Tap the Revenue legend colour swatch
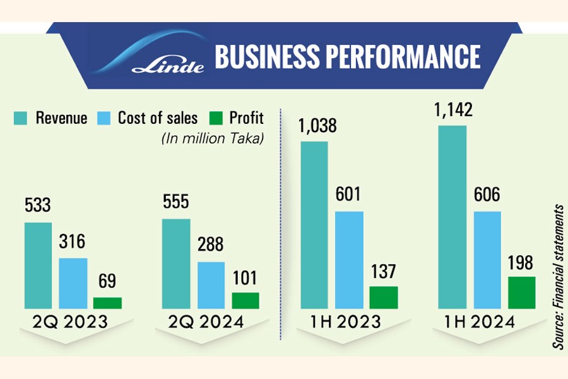tap(21, 118)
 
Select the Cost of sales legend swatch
tap(104, 118)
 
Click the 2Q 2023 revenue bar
tap(38, 265)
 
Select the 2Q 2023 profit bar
tap(107, 303)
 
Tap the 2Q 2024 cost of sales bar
tap(211, 285)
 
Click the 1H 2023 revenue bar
tap(314, 225)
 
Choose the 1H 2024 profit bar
tap(521, 292)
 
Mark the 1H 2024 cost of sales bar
tap(487, 260)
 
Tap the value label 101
tap(246, 279)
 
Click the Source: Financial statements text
tap(558, 275)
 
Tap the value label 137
tap(383, 272)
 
